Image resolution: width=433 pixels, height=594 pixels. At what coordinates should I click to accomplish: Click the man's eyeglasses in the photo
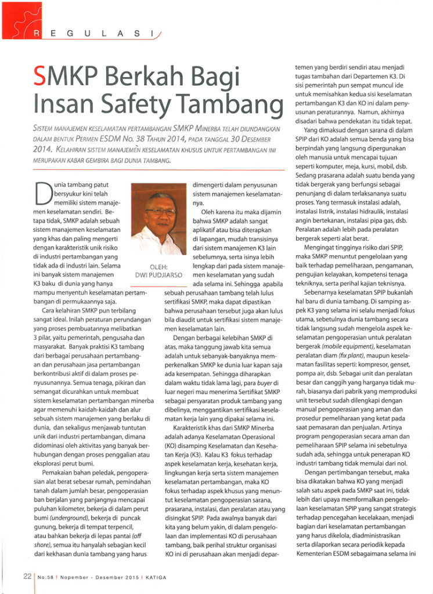pyautogui.click(x=160, y=212)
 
